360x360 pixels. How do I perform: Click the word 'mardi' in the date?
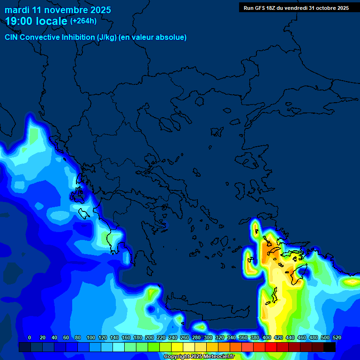click(17, 10)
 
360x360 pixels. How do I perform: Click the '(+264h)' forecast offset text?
click(83, 21)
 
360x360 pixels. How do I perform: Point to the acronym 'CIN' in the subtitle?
click(12, 37)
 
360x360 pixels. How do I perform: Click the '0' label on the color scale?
click(30, 337)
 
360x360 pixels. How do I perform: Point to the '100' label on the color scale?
click(91, 337)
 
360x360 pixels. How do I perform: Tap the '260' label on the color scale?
click(185, 337)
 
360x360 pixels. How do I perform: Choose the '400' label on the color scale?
click(267, 337)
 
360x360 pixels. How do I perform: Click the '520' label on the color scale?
click(337, 337)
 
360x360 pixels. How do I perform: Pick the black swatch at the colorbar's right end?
click(330, 347)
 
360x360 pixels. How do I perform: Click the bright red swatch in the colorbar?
click(271, 347)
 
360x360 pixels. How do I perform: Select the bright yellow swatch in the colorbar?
click(177, 347)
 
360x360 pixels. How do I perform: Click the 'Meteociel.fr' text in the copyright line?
click(218, 357)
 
